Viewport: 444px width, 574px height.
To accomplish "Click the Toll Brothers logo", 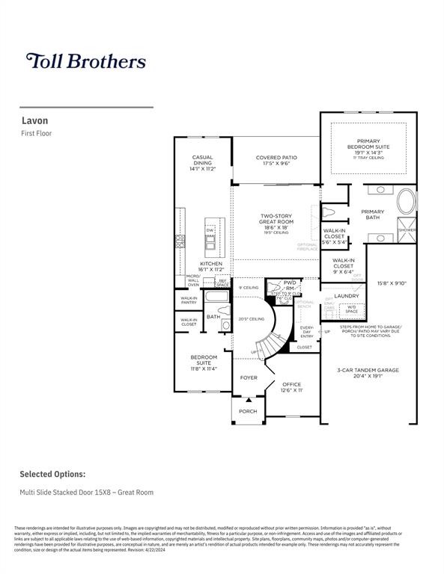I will (x=85, y=61).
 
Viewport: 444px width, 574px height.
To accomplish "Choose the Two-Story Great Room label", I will (x=276, y=221).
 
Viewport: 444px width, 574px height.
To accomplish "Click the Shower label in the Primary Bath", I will (x=407, y=230).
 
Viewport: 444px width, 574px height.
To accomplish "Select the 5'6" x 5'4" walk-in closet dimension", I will (x=334, y=242).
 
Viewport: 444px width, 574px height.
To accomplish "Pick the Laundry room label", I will (x=347, y=296).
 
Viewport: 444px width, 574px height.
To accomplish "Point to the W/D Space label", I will (x=351, y=308).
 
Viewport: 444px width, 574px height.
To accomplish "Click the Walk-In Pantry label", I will (x=189, y=300).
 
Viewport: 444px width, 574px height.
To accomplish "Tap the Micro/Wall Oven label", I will (x=193, y=280).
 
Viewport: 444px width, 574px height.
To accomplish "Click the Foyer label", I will (x=248, y=377).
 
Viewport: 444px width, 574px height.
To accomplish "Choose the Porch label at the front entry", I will (x=247, y=411).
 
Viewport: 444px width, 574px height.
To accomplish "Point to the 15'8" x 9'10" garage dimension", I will (x=392, y=283).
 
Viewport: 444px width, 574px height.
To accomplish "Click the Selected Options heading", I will (x=52, y=474).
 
